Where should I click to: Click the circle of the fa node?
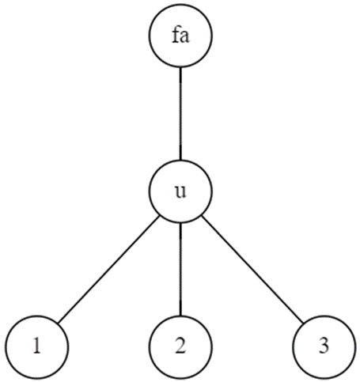(x=180, y=36)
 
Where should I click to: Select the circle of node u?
(x=180, y=192)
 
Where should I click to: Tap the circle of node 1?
(x=36, y=346)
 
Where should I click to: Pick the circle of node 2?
(x=180, y=346)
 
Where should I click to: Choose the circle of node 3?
(x=324, y=346)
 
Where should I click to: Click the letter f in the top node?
(x=175, y=36)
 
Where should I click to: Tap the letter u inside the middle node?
(x=180, y=193)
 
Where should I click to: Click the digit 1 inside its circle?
(x=36, y=346)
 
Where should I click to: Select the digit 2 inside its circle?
(x=180, y=346)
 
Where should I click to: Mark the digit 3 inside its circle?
(x=324, y=346)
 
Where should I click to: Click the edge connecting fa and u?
(x=180, y=115)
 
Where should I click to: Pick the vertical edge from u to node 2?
(x=180, y=269)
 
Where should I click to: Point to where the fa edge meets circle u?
(x=180, y=161)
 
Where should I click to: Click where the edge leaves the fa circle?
(x=180, y=68)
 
